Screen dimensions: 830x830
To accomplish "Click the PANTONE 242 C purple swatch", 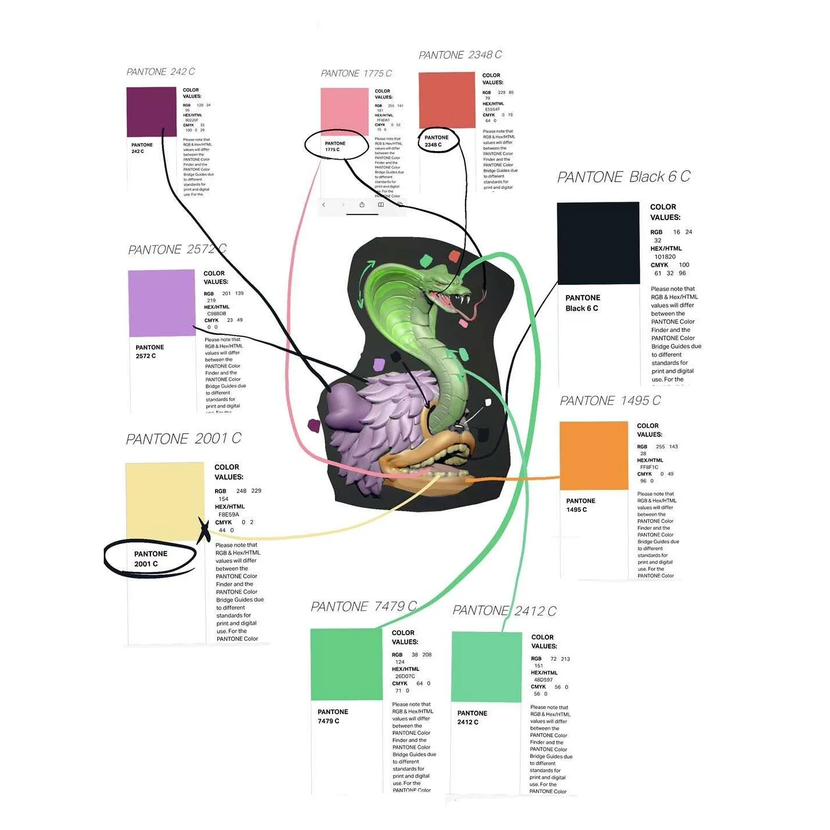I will coord(151,111).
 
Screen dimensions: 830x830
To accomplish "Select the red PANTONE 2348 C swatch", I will coord(447,100).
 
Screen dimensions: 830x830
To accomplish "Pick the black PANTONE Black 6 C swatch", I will coord(598,243).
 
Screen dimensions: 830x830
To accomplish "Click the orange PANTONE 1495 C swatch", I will coord(593,455).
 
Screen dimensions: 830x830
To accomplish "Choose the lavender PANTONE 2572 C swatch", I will coord(161,303).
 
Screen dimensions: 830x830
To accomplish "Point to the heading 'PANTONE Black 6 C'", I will coord(623,177).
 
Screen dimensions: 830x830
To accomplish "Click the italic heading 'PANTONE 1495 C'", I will coord(610,401).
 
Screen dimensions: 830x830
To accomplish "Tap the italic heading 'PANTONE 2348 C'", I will coord(460,55).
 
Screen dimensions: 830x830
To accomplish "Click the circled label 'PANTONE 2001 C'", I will coord(150,559).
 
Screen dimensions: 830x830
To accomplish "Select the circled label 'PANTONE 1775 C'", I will coord(335,146).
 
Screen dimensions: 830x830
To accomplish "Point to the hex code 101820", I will coord(665,257).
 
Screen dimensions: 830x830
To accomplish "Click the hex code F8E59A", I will coord(228,515).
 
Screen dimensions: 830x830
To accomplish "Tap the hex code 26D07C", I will coord(405,676).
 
